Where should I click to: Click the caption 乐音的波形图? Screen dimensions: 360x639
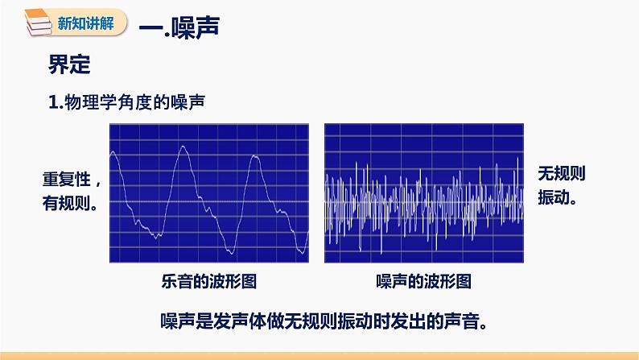208,281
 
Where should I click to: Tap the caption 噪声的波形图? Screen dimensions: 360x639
423,281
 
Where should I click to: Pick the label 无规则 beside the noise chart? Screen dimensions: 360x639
560,173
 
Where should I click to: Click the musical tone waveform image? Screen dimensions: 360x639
209,192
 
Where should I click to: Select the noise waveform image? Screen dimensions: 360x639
424,192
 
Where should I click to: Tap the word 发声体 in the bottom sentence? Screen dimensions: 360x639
237,321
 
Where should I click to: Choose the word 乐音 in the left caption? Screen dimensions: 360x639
179,281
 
